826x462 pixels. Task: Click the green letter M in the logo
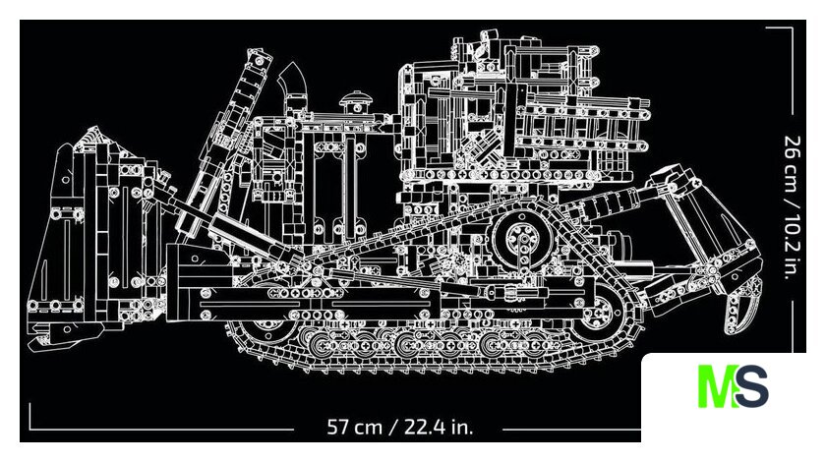[x=717, y=385]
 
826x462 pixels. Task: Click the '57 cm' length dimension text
[x=354, y=427]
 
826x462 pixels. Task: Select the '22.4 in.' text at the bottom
[x=439, y=427]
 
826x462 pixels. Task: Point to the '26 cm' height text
[x=793, y=164]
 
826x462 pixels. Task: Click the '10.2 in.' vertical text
[x=793, y=245]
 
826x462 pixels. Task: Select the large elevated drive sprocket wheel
[x=521, y=240]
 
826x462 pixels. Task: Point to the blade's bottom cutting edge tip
[x=32, y=346]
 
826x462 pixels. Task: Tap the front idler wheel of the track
[x=269, y=320]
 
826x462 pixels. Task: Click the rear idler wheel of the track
[x=599, y=313]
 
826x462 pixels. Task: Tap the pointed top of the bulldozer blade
[x=94, y=128]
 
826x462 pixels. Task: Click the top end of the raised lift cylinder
[x=260, y=57]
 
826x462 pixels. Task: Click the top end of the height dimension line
[x=792, y=28]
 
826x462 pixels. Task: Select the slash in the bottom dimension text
[x=393, y=427]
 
